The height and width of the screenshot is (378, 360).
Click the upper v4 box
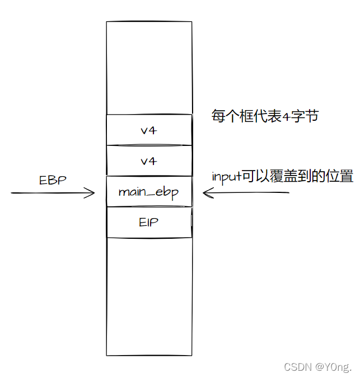point(148,130)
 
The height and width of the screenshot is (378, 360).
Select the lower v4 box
point(148,161)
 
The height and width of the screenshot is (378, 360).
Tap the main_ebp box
point(148,192)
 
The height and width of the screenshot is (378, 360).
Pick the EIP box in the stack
point(148,222)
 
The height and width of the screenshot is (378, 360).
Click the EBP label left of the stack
point(53,180)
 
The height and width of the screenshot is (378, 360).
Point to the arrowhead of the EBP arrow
point(93,193)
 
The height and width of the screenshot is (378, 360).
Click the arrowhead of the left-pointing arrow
point(205,193)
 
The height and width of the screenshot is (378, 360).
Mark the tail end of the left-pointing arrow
point(288,193)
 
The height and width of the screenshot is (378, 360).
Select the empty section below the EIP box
point(148,296)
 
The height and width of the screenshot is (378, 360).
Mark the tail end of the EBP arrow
point(12,193)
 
